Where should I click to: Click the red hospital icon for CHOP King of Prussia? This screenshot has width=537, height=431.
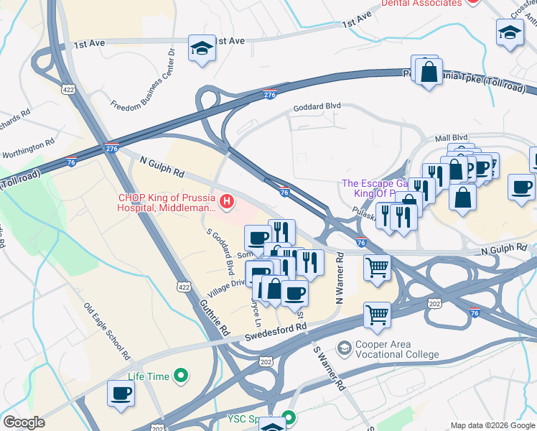228,203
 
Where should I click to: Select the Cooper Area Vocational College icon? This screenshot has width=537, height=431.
344,348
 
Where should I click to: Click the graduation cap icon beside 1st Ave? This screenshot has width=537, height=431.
202,49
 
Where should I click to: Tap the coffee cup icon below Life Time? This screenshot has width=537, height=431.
121,393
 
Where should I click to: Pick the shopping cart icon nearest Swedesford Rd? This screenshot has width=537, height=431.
377,315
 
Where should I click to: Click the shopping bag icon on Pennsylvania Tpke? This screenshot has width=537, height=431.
429,73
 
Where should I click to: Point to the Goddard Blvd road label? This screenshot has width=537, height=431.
316,108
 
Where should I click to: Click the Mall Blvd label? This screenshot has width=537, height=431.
450,137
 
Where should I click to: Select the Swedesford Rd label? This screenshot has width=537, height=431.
276,327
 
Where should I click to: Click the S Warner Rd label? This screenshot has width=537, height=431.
330,368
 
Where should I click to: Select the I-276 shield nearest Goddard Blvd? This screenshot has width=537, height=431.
270,94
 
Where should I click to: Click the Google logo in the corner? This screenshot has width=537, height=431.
24,422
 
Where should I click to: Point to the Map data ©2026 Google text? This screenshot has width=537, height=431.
492,425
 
